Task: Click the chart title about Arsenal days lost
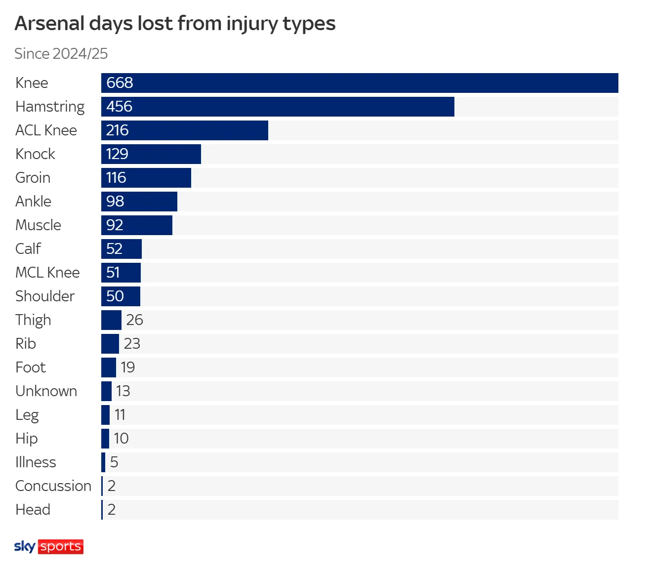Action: tap(175, 24)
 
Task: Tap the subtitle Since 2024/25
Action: tap(61, 53)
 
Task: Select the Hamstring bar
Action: tap(278, 107)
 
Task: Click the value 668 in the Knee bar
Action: tap(120, 83)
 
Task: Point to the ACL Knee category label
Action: tap(46, 130)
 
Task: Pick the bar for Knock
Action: tap(151, 154)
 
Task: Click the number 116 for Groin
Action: tap(116, 178)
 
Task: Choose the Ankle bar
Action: tap(139, 202)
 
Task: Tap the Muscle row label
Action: tap(38, 225)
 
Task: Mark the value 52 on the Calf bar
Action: tap(114, 249)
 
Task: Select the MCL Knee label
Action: tap(47, 273)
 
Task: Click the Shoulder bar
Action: tap(121, 296)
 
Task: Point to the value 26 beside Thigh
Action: tap(134, 320)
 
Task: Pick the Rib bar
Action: tap(110, 344)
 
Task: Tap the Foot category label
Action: tap(31, 368)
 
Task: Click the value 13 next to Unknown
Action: tap(123, 391)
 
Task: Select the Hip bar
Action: tap(105, 439)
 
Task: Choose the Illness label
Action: tap(36, 462)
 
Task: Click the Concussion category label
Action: tap(53, 486)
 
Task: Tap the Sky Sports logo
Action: tap(49, 546)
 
